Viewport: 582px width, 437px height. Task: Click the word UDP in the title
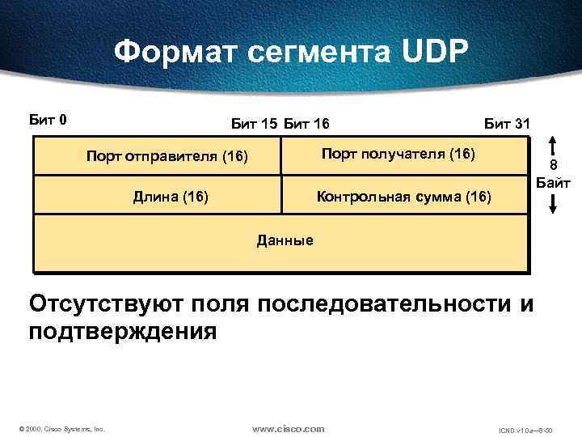[431, 51]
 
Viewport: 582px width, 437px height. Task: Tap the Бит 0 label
[48, 121]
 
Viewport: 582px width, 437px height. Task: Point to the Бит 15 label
[254, 124]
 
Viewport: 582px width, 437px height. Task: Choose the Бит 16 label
[306, 124]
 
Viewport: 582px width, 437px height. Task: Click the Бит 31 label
[507, 124]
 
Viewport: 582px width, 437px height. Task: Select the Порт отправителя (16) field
[167, 155]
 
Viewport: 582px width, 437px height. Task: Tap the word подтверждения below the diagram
[123, 331]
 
